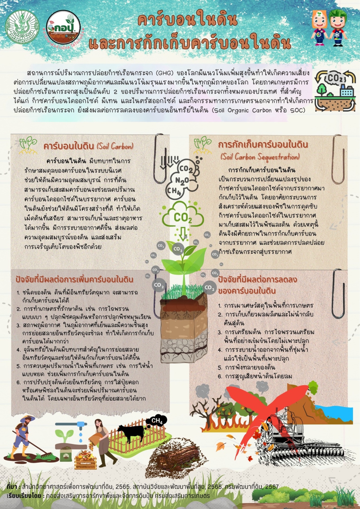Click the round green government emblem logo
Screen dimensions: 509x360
tap(22, 27)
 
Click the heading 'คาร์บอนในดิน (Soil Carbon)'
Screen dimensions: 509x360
tap(88, 146)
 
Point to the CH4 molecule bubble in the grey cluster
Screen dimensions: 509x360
tap(174, 191)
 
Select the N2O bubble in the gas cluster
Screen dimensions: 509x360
tap(182, 180)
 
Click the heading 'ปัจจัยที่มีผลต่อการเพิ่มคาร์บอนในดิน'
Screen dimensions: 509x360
tap(75, 279)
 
